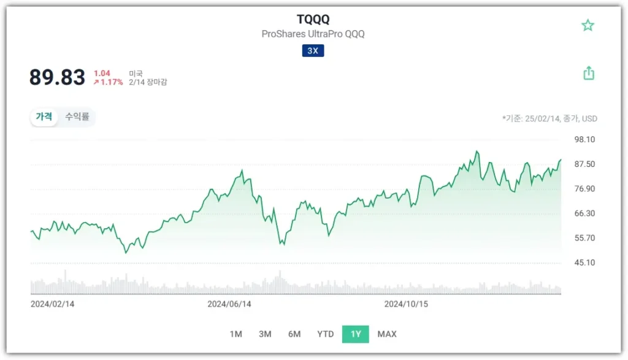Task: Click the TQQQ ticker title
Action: (313, 20)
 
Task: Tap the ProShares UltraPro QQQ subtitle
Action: (313, 34)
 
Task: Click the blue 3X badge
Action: (313, 51)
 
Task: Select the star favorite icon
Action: (588, 25)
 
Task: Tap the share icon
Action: (588, 74)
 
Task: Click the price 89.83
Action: (57, 77)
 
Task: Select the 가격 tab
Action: (44, 117)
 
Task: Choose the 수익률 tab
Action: (77, 117)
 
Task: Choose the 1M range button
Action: (235, 334)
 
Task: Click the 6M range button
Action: (294, 334)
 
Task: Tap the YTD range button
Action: (325, 334)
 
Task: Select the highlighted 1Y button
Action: (356, 334)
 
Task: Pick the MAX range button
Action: (387, 334)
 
